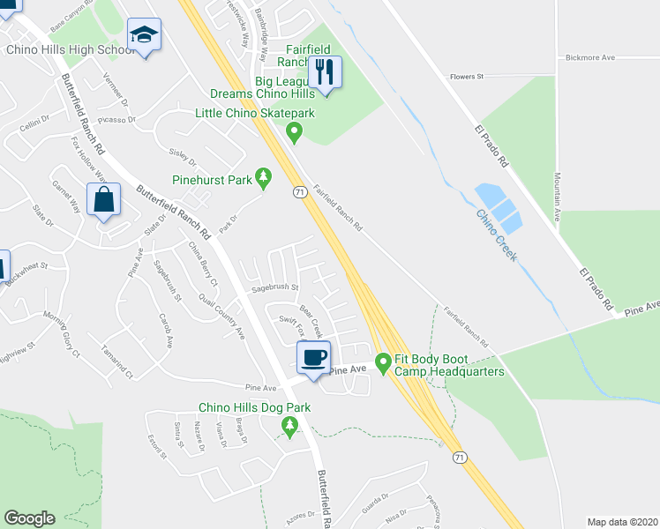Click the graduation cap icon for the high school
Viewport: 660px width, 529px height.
[144, 35]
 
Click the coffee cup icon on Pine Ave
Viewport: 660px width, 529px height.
[313, 357]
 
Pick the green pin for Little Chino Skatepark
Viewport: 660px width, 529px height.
[295, 133]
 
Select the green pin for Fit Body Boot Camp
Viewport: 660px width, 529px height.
[383, 361]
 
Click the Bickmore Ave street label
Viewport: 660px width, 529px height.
[589, 58]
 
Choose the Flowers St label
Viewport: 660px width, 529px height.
[468, 77]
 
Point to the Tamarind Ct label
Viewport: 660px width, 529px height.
[117, 360]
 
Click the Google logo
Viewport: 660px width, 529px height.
[29, 518]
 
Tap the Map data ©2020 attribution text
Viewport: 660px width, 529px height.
[622, 522]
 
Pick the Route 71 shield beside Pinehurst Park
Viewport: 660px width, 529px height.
[299, 191]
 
